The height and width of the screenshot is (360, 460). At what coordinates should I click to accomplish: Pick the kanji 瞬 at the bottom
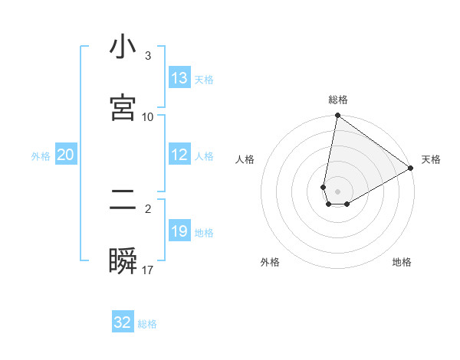click(x=123, y=260)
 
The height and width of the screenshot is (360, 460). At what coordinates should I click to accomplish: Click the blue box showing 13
click(x=179, y=77)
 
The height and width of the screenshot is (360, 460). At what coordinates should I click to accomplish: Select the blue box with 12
click(x=179, y=155)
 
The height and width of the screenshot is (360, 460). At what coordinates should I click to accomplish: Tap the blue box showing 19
click(x=179, y=231)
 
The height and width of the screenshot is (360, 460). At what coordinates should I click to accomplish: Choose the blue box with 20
click(x=65, y=155)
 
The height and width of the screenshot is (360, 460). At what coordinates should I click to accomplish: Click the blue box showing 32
click(x=123, y=322)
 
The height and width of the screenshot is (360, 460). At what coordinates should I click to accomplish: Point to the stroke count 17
click(x=149, y=270)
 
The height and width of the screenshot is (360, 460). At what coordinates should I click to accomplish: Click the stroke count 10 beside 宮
click(x=148, y=116)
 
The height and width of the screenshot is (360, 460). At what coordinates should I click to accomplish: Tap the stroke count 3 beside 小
click(x=148, y=56)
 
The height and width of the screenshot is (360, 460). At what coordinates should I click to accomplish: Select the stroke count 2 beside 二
click(x=148, y=208)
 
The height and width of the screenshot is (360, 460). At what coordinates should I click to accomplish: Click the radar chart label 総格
click(x=338, y=100)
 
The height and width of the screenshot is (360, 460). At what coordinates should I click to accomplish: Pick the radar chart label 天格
click(x=431, y=159)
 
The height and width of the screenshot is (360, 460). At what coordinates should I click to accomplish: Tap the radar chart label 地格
click(x=402, y=262)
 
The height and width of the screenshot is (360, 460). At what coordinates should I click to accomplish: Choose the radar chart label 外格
click(x=270, y=262)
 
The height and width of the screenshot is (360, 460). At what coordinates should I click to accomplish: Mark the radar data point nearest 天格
click(x=411, y=168)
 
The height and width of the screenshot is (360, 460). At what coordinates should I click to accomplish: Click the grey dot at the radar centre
click(x=338, y=191)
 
